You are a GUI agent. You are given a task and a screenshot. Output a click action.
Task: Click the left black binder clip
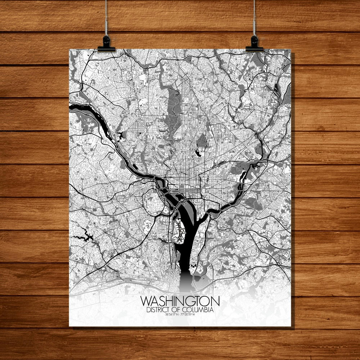[x=106, y=44]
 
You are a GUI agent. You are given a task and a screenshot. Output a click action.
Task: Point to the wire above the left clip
[x=106, y=18]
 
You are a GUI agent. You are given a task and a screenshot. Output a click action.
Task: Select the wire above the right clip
[x=254, y=18]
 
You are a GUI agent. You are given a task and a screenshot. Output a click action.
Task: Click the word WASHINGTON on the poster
[x=180, y=301]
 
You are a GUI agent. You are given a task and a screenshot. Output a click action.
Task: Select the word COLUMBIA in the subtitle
[x=199, y=310]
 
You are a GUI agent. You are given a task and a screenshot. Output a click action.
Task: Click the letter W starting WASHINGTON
[x=146, y=301]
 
